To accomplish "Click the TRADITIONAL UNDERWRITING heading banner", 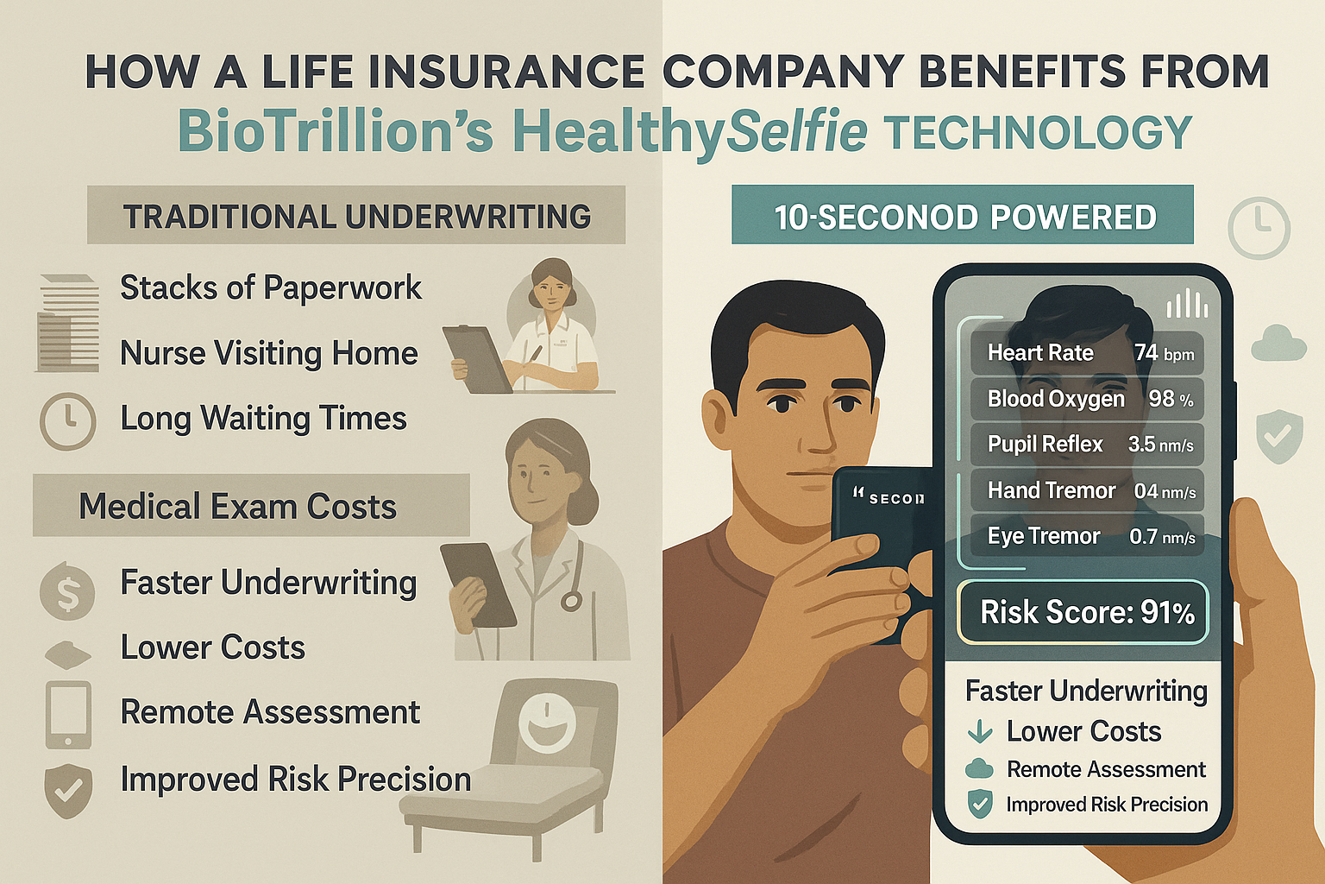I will [355, 216].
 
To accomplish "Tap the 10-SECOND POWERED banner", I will [963, 216].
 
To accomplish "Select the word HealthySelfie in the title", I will [690, 132].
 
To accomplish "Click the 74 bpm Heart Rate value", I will [1164, 353].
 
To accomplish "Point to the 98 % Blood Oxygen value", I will [1171, 399].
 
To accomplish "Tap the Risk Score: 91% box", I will [1083, 612].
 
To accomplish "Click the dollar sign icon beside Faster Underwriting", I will [67, 591].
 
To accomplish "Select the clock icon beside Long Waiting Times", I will [67, 420].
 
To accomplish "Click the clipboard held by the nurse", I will [476, 358].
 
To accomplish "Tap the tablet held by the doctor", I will [476, 584].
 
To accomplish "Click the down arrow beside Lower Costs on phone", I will [980, 732].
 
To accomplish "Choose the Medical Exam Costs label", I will [238, 507].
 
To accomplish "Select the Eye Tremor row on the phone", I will [1087, 536].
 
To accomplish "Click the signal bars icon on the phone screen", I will [1187, 305].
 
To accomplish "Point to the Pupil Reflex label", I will [1045, 445].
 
